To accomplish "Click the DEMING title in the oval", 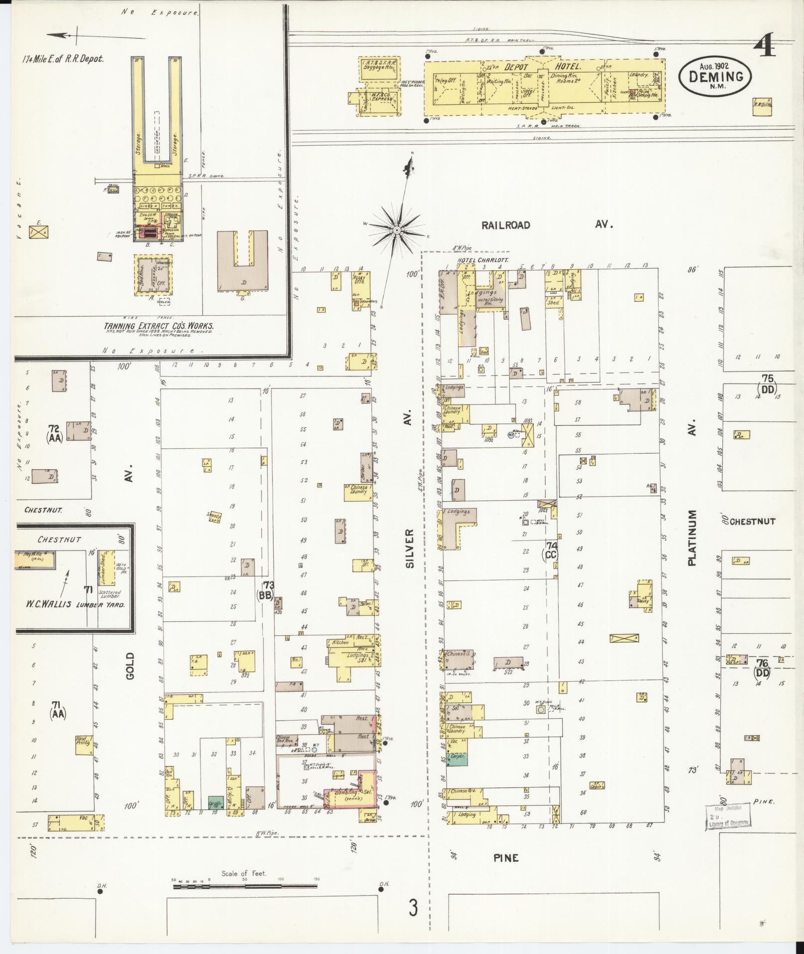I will click(715, 76).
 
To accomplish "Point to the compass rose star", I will click(397, 230).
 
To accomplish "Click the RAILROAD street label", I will click(505, 225).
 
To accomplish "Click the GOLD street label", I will click(130, 665).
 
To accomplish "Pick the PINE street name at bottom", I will click(506, 858).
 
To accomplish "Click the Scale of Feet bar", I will click(245, 886).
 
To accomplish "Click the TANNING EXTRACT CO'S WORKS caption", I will click(159, 326).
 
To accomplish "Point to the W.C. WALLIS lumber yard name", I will click(75, 604).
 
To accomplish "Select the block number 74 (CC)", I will click(551, 550).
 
